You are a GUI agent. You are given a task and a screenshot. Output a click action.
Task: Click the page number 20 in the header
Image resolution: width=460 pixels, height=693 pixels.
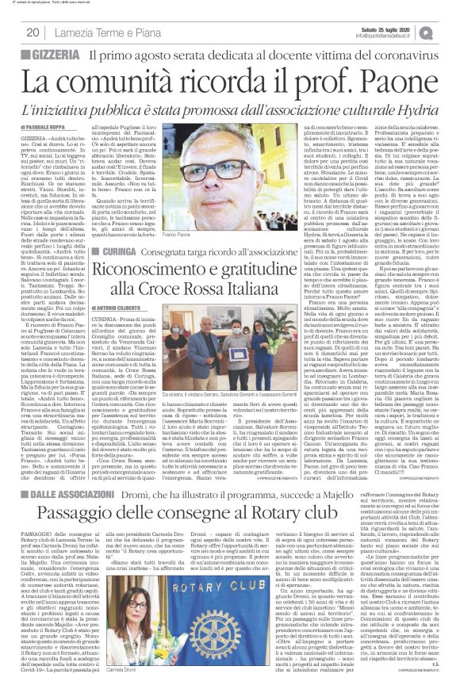[x=33, y=32]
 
